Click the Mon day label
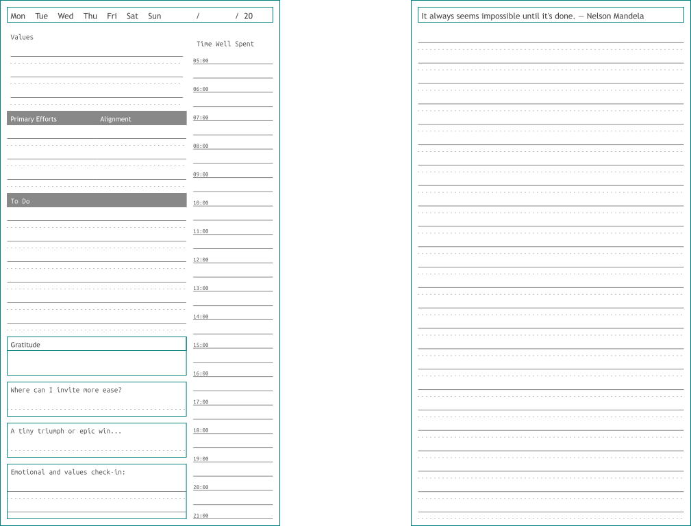18,16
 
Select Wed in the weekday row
66,16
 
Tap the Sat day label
132,16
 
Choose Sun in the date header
155,16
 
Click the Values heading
22,37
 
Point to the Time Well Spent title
225,44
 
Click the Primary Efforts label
34,119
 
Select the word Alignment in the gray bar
115,119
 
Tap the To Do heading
20,201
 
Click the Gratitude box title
25,345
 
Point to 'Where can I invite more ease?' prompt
66,390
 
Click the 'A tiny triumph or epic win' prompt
66,431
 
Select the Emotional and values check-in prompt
68,472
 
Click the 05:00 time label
201,61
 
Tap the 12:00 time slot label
201,260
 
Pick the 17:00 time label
201,402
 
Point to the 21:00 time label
201,516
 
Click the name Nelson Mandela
615,16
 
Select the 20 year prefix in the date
248,16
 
